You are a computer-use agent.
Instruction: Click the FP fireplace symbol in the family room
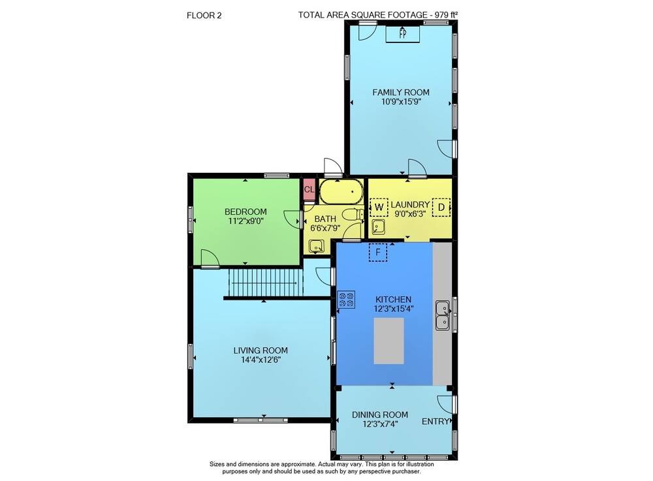click(x=402, y=34)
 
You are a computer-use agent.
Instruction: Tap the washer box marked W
click(x=379, y=207)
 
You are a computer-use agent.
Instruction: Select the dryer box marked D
click(x=441, y=207)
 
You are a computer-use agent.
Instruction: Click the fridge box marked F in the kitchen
click(x=377, y=252)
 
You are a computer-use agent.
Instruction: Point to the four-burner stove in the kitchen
click(x=346, y=300)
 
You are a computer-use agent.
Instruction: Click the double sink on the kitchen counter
click(x=442, y=315)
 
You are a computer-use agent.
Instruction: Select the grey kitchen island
click(x=389, y=341)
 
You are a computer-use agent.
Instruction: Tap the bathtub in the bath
click(x=341, y=191)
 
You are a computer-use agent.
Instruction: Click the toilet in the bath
click(x=353, y=215)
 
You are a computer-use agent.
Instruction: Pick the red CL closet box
click(x=309, y=190)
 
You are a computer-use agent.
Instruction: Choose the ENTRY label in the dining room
click(x=435, y=422)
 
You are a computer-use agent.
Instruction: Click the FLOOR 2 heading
click(x=204, y=16)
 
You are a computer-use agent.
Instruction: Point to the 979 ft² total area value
click(x=446, y=15)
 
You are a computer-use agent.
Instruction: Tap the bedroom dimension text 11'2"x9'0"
click(x=246, y=221)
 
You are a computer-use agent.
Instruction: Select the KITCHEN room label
click(x=393, y=299)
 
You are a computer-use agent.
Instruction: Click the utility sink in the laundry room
click(x=378, y=226)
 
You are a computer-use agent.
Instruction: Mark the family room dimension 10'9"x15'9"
click(x=401, y=102)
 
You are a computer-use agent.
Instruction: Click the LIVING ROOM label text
click(x=261, y=350)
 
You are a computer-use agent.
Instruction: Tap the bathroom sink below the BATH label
click(x=317, y=246)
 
